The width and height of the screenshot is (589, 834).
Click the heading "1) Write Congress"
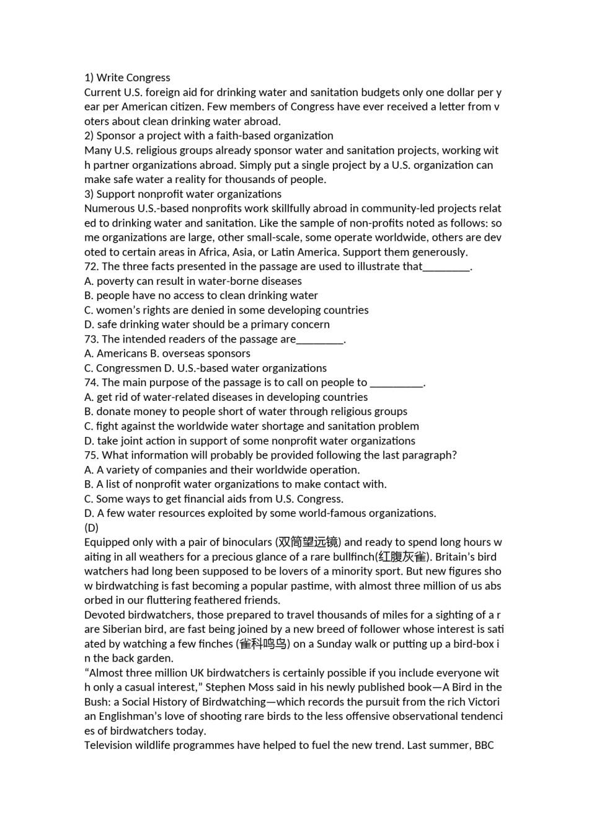(127, 78)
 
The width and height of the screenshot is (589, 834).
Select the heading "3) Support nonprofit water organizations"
(183, 194)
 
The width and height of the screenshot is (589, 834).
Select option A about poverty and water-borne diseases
(193, 281)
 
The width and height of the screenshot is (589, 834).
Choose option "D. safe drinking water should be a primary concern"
(207, 324)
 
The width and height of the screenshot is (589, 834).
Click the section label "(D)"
(91, 527)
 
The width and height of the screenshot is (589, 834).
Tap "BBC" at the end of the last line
(484, 745)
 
